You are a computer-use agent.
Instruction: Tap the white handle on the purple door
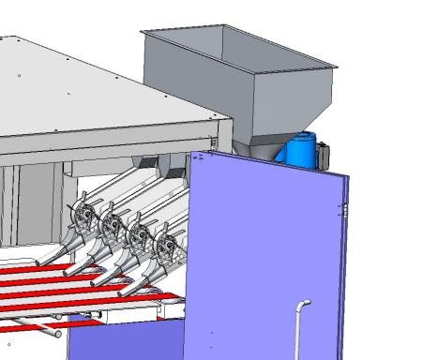click(300, 323)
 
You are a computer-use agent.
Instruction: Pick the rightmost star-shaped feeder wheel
click(167, 247)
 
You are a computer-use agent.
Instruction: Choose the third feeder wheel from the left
click(139, 235)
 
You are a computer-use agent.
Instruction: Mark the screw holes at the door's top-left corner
click(198, 158)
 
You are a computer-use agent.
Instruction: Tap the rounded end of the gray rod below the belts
click(58, 332)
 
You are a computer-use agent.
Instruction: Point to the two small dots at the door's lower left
click(215, 332)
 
